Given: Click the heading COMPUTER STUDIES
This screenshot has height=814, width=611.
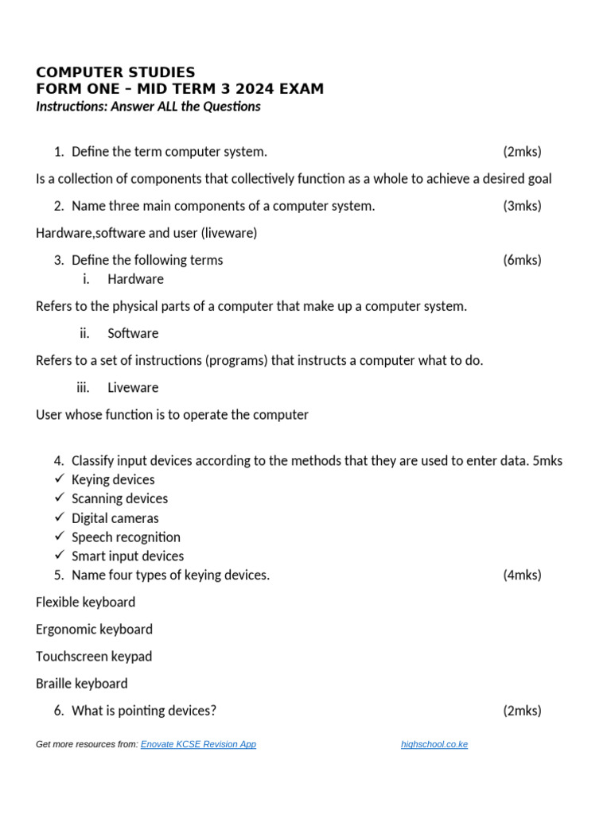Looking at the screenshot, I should coord(115,72).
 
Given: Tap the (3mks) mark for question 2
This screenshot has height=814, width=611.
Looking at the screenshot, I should coord(522,206).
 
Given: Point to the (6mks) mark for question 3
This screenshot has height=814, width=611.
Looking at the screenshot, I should coord(522,260).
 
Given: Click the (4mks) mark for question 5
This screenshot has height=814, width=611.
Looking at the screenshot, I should coord(522,575).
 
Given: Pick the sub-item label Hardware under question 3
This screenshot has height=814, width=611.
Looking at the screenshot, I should coord(135,279).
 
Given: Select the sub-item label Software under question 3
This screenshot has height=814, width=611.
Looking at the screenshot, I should coord(133,333).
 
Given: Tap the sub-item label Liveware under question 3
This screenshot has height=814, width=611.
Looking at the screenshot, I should coord(133,387).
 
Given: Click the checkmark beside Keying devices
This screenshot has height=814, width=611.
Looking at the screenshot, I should coord(60,479).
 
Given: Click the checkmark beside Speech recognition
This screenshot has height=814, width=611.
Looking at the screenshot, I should coord(60,537).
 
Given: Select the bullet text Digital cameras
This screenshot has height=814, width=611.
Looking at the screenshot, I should coord(115,518).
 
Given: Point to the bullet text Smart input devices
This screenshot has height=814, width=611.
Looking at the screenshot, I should coord(127,556).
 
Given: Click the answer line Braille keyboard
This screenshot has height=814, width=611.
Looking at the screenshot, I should coord(81,683).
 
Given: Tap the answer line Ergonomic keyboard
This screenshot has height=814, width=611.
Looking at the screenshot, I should coord(94,629).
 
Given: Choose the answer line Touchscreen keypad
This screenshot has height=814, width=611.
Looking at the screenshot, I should coord(94,656).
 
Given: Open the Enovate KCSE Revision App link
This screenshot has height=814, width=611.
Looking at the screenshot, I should coord(198,745).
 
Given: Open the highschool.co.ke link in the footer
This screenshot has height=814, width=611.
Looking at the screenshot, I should coord(434,745).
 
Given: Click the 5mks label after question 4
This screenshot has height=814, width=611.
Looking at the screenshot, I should coord(548,461).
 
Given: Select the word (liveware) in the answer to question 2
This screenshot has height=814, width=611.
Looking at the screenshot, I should coord(228,233).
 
